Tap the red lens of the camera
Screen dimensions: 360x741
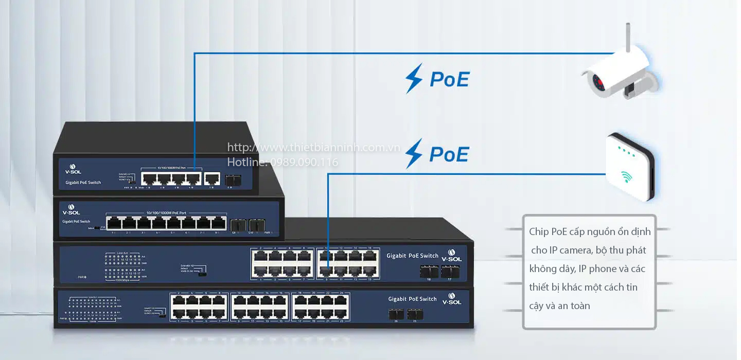coord(598,81)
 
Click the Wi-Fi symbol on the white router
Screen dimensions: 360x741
coord(626,177)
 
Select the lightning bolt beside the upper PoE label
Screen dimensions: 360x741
coord(414,78)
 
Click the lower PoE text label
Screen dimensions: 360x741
coord(449,154)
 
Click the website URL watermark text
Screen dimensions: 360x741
coord(313,148)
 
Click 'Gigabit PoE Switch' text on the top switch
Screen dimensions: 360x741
coord(83,183)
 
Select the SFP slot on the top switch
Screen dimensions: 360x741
coord(230,179)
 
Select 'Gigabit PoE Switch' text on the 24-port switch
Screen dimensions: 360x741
coord(412,299)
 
